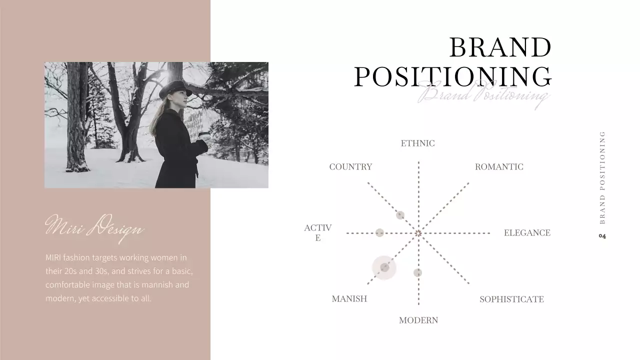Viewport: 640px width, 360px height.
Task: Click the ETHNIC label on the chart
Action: pyautogui.click(x=417, y=143)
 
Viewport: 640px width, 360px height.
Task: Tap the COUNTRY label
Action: pyautogui.click(x=350, y=167)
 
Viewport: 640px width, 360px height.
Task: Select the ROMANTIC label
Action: pyautogui.click(x=499, y=167)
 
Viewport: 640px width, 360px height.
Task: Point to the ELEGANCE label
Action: pyautogui.click(x=527, y=233)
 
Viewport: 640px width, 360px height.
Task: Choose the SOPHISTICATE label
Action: pyautogui.click(x=511, y=299)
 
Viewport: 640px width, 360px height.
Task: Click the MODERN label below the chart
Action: pyautogui.click(x=418, y=320)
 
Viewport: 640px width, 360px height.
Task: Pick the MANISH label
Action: pyautogui.click(x=349, y=299)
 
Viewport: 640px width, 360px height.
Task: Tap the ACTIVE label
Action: pyautogui.click(x=318, y=233)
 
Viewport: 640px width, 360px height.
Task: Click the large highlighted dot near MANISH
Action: pyautogui.click(x=384, y=267)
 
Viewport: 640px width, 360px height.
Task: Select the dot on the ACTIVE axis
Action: pyautogui.click(x=379, y=232)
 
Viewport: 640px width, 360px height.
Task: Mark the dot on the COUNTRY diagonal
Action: pyautogui.click(x=400, y=215)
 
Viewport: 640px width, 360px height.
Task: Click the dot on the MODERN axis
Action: pyautogui.click(x=418, y=272)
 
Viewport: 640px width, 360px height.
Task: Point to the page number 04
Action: pyautogui.click(x=602, y=236)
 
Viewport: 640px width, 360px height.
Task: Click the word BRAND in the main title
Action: pyautogui.click(x=500, y=48)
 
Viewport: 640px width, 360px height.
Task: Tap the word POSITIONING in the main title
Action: pyautogui.click(x=453, y=77)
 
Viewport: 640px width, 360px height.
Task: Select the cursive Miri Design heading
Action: pyautogui.click(x=94, y=227)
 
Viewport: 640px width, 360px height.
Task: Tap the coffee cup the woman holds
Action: pyautogui.click(x=203, y=135)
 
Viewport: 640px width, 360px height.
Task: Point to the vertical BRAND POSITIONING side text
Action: pyautogui.click(x=602, y=177)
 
